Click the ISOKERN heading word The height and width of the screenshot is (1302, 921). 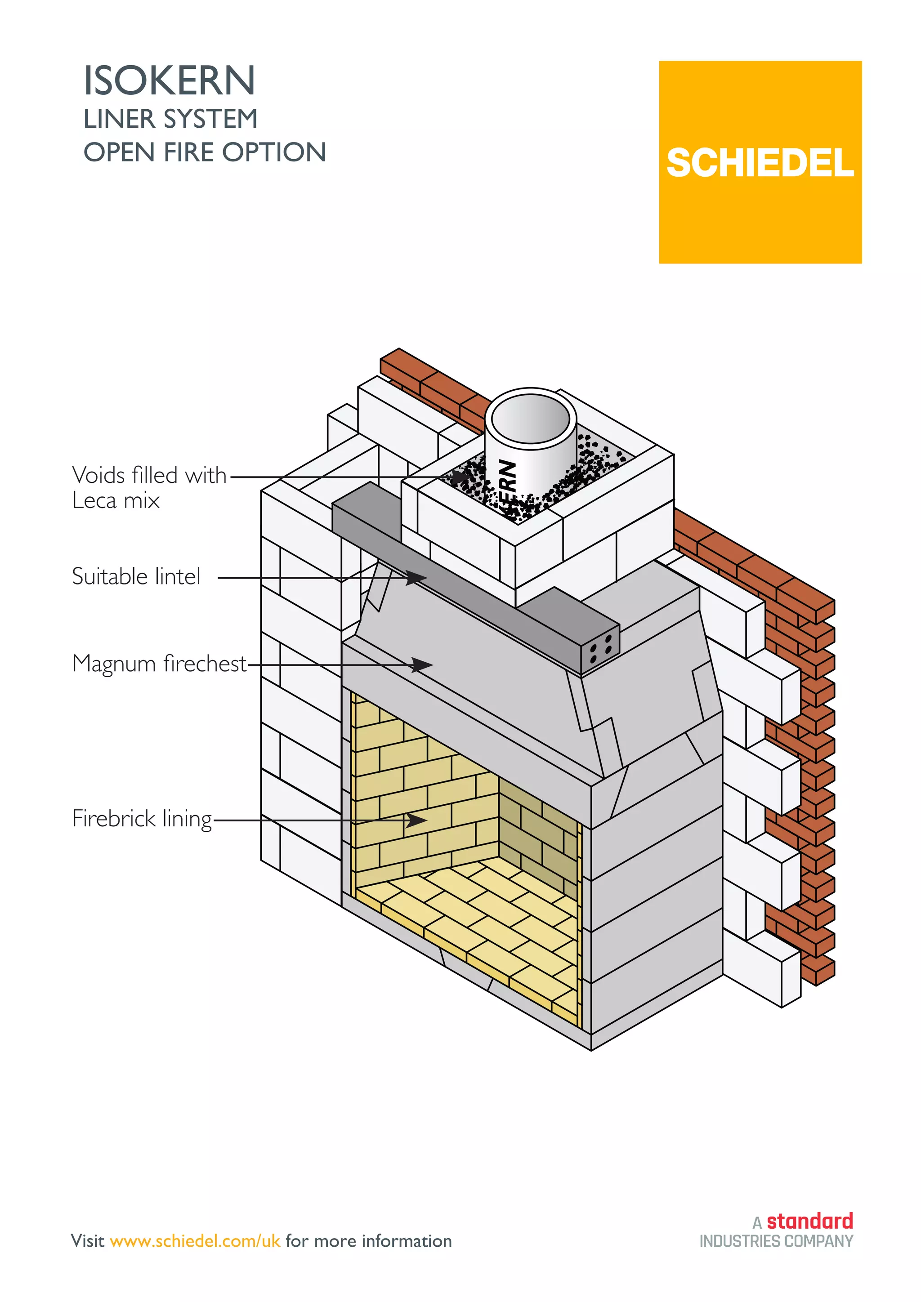[170, 80]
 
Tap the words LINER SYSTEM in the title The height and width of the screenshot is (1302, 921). [170, 119]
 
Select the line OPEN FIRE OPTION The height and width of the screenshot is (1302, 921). [205, 152]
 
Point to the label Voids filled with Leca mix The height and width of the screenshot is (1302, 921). [148, 487]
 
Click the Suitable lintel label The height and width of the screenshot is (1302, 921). [136, 576]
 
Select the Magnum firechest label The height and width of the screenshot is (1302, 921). [159, 663]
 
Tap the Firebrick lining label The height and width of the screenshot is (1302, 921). [142, 818]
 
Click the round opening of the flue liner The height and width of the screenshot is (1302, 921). [530, 419]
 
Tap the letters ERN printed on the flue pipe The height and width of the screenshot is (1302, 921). [508, 477]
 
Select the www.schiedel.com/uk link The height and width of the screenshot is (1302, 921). [195, 1241]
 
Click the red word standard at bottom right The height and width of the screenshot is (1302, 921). [809, 1220]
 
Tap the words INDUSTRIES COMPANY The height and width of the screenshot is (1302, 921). [776, 1241]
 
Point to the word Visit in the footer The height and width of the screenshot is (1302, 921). [87, 1241]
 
